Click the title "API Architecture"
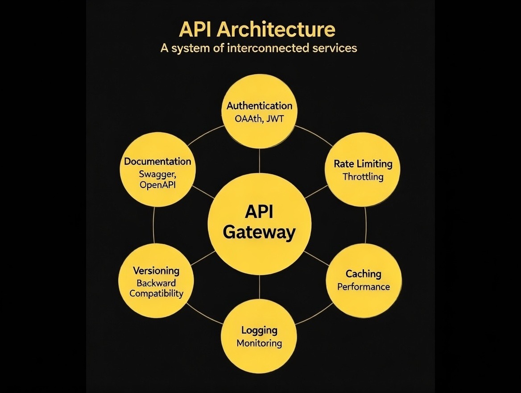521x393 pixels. pos(257,30)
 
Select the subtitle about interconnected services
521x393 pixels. pos(259,48)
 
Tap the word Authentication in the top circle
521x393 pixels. pos(259,106)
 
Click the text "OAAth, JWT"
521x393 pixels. pos(259,119)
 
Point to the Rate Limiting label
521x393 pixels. pos(363,164)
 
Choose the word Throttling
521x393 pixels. pos(363,177)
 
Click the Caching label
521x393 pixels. pos(363,273)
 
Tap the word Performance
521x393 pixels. pos(363,287)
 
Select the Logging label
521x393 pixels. pos(259,330)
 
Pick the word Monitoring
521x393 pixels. pos(259,343)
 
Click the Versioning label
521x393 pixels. pos(156,271)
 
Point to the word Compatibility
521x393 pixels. pos(156,293)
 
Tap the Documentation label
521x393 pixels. pos(157,161)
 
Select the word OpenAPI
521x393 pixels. pos(157,184)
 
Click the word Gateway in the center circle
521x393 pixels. pos(259,233)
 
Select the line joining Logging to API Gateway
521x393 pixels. pos(259,287)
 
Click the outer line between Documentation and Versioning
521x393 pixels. pos(153,226)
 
